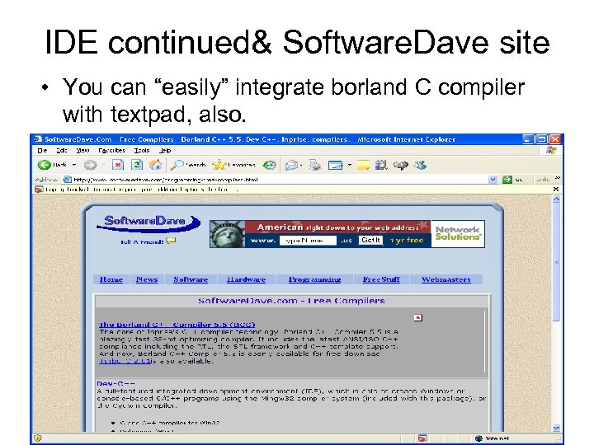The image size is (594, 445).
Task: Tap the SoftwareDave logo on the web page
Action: click(x=152, y=222)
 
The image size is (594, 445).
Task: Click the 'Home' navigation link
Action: click(x=111, y=279)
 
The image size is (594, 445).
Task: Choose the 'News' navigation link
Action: click(x=147, y=279)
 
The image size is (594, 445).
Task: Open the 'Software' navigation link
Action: click(x=191, y=279)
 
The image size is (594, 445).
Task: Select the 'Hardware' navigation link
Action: click(x=246, y=279)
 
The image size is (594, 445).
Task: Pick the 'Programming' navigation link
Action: click(x=314, y=279)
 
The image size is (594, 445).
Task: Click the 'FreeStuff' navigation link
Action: click(x=381, y=279)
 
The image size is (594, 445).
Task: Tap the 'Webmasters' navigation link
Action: click(x=446, y=279)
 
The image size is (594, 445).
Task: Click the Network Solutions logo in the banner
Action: click(x=457, y=233)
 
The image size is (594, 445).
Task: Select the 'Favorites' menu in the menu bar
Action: click(x=111, y=152)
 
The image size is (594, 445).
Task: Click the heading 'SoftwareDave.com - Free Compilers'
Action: click(x=291, y=301)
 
